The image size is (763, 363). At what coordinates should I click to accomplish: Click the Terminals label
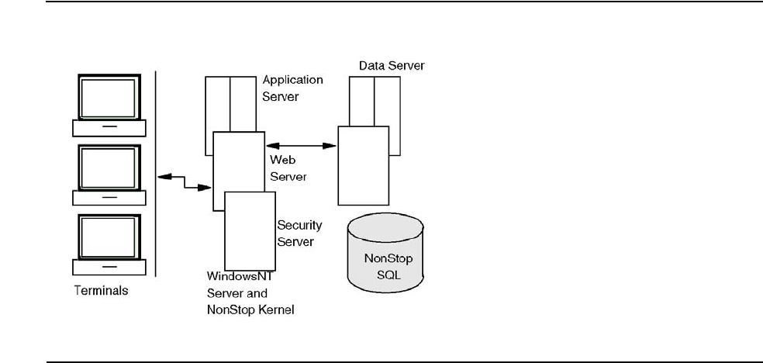100,292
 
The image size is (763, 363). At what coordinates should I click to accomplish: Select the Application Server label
292,88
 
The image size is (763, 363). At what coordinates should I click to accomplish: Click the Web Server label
288,167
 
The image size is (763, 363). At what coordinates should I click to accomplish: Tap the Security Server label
299,233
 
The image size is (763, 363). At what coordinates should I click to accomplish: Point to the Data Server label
391,66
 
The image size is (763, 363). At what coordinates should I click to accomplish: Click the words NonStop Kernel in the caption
250,309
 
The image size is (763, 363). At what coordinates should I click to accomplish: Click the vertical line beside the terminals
156,174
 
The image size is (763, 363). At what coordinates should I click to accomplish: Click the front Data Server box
363,165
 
